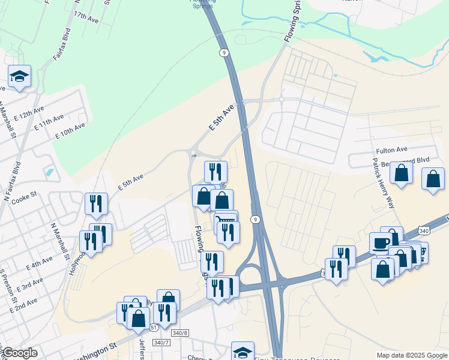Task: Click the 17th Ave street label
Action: (x=86, y=16)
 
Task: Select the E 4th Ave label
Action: (x=39, y=263)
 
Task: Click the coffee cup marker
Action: (x=381, y=243)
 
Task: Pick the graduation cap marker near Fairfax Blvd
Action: (x=19, y=76)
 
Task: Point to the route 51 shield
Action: (x=154, y=327)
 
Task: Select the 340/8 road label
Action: (x=179, y=332)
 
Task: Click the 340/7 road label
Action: (x=162, y=342)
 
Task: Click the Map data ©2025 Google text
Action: (x=411, y=355)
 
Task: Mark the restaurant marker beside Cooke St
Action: (x=96, y=203)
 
